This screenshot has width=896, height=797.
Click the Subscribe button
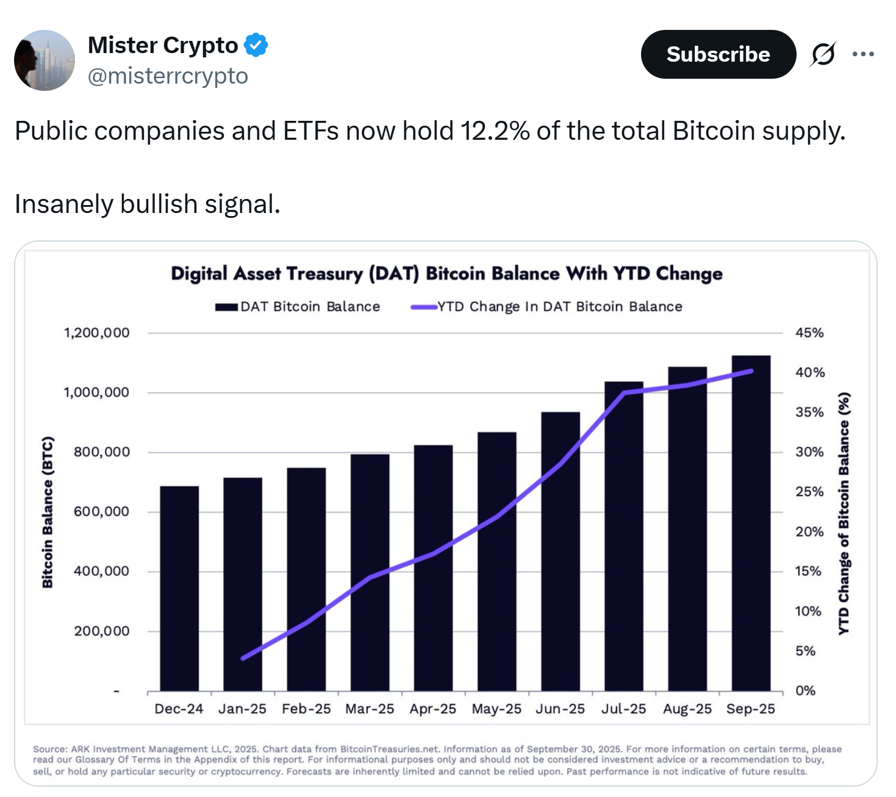click(718, 54)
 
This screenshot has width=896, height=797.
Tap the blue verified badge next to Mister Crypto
click(256, 45)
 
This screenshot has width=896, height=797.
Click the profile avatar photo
click(45, 60)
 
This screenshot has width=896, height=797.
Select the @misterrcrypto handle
click(168, 76)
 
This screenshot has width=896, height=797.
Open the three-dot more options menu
click(863, 54)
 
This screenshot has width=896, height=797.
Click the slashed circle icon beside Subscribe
click(823, 54)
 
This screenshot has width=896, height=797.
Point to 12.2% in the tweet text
click(495, 131)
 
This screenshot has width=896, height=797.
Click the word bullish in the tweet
click(159, 204)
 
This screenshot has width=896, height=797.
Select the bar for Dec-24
click(179, 588)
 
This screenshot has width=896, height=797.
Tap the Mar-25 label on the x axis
click(370, 709)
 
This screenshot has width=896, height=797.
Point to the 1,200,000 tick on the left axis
click(97, 333)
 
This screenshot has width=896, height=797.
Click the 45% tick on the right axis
click(809, 333)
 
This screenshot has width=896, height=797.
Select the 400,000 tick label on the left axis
click(101, 572)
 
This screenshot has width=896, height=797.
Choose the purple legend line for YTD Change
click(424, 307)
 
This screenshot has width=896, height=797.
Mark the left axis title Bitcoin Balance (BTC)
click(48, 512)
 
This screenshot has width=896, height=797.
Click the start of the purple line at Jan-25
click(243, 658)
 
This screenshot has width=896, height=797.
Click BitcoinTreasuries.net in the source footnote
click(389, 749)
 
